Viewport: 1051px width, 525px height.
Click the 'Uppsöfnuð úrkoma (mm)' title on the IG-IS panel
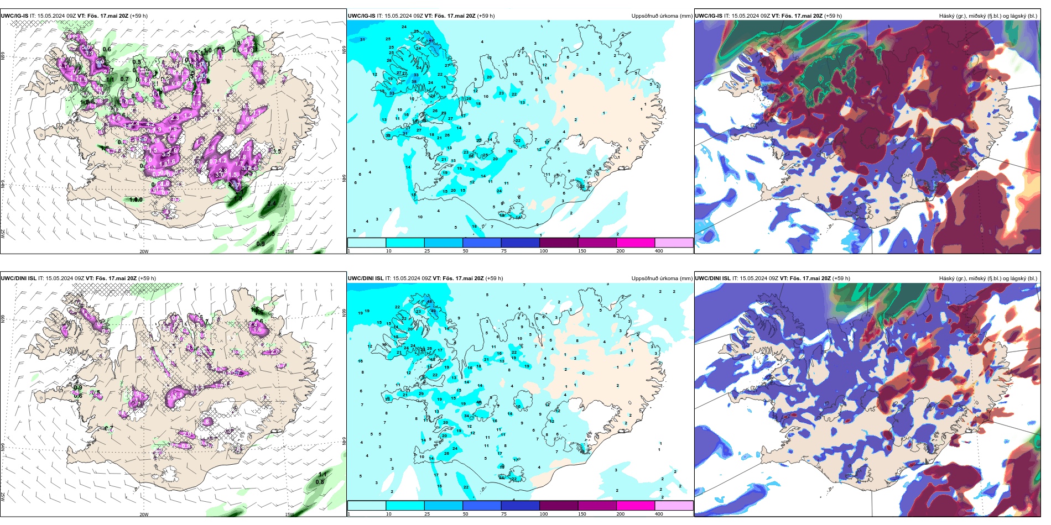662,16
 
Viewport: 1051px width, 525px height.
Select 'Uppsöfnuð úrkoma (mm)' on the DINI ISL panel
662,279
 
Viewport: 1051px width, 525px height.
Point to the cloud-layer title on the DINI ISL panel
988,279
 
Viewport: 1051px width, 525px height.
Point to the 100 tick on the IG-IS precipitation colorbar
543,251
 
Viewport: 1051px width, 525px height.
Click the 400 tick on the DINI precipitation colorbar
659,514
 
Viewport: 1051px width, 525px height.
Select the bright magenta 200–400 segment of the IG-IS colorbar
636,243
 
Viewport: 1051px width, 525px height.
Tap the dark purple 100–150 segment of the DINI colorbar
559,506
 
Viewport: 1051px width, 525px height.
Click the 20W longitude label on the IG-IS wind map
144,251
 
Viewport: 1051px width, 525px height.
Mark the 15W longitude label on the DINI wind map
289,514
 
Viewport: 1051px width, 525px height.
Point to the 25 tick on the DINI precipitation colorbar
427,514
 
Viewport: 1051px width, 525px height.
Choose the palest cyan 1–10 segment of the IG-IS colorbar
367,243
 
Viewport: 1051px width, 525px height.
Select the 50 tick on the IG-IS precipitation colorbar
465,251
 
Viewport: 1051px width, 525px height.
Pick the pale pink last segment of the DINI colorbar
674,506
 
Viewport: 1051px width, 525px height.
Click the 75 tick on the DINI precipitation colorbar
504,514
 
